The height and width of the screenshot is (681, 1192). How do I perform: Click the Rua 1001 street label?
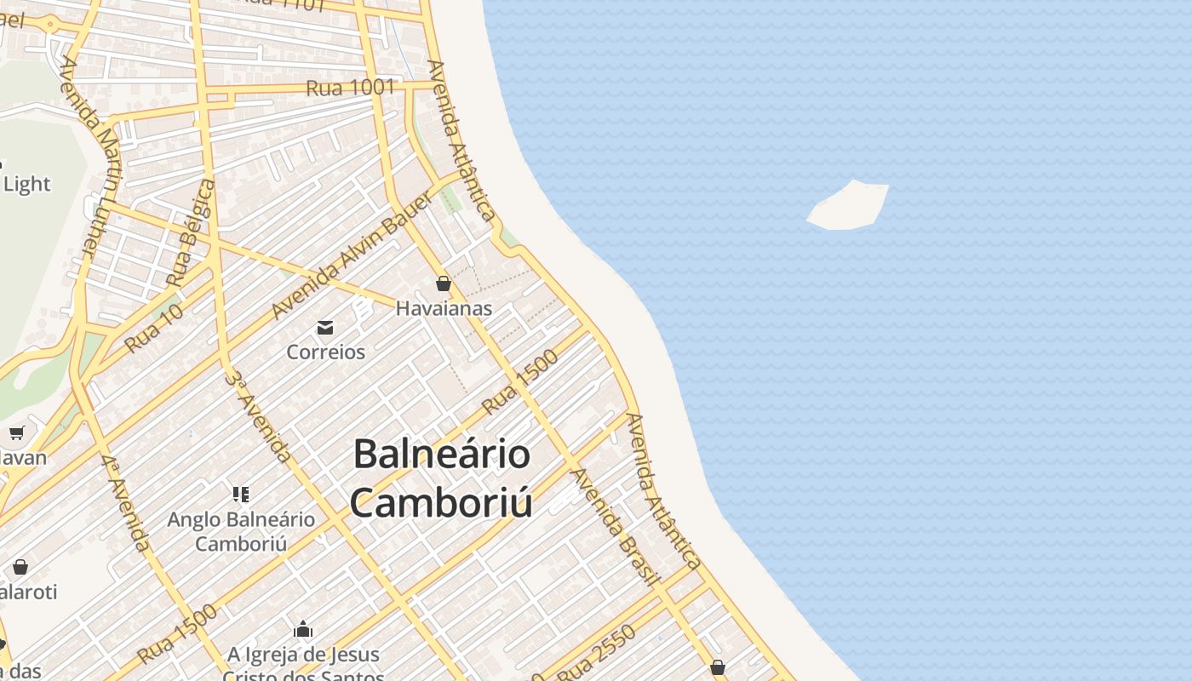pos(351,87)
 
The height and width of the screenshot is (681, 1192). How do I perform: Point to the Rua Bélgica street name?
pos(192,232)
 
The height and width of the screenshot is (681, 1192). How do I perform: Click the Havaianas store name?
pos(444,308)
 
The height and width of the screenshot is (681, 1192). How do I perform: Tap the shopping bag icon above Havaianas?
pos(444,283)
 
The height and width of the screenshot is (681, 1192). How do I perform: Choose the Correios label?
pos(325,352)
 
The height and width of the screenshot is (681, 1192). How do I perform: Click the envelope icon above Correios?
pos(325,327)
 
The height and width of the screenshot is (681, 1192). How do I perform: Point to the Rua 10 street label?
pos(154,329)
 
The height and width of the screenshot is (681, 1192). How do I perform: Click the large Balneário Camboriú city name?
pos(442,478)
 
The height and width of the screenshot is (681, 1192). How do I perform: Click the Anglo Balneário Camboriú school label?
pos(241,530)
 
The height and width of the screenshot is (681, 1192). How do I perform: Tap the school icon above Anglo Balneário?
pos(241,494)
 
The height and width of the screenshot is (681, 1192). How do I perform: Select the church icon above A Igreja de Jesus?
pos(303,630)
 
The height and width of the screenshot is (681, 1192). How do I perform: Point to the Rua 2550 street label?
pos(596,652)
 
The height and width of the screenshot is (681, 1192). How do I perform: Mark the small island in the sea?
pos(848,206)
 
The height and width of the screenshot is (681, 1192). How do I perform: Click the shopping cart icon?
pos(16,432)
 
